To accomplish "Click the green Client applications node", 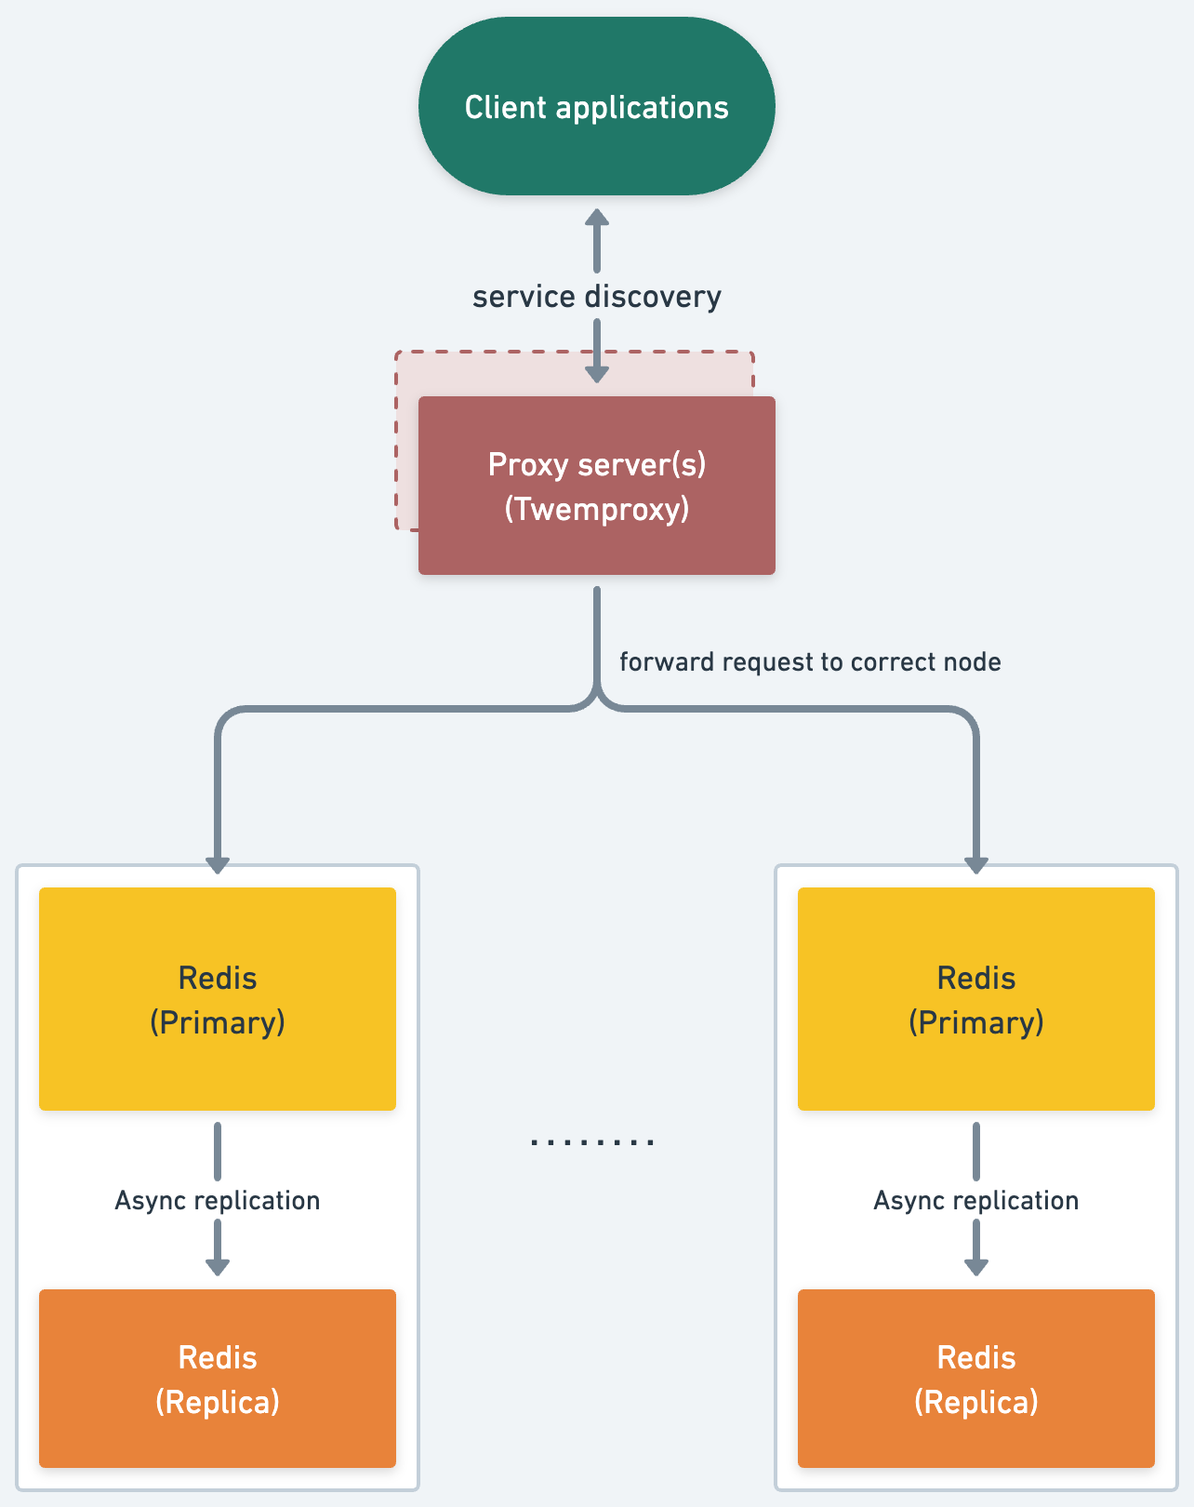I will [x=596, y=106].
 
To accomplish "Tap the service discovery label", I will [x=596, y=297].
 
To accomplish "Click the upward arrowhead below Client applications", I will [x=596, y=218].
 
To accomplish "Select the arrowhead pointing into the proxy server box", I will [x=596, y=374].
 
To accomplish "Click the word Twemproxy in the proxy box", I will [x=596, y=510].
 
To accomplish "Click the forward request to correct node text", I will [x=810, y=662].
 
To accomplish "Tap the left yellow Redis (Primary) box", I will [x=217, y=999].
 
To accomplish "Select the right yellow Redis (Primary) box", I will [x=975, y=999].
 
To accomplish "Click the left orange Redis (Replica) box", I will [x=217, y=1379].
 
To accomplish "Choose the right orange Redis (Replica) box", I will [x=975, y=1379].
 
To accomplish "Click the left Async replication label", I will [x=217, y=1200].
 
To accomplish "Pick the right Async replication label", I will [x=975, y=1200].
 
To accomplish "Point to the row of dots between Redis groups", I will [x=592, y=1141].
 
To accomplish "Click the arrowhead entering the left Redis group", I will [x=217, y=864].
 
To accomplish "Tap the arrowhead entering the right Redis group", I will [x=975, y=864].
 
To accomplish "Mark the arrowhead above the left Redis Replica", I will [x=217, y=1266].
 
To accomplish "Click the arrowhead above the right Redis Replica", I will [x=975, y=1266].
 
